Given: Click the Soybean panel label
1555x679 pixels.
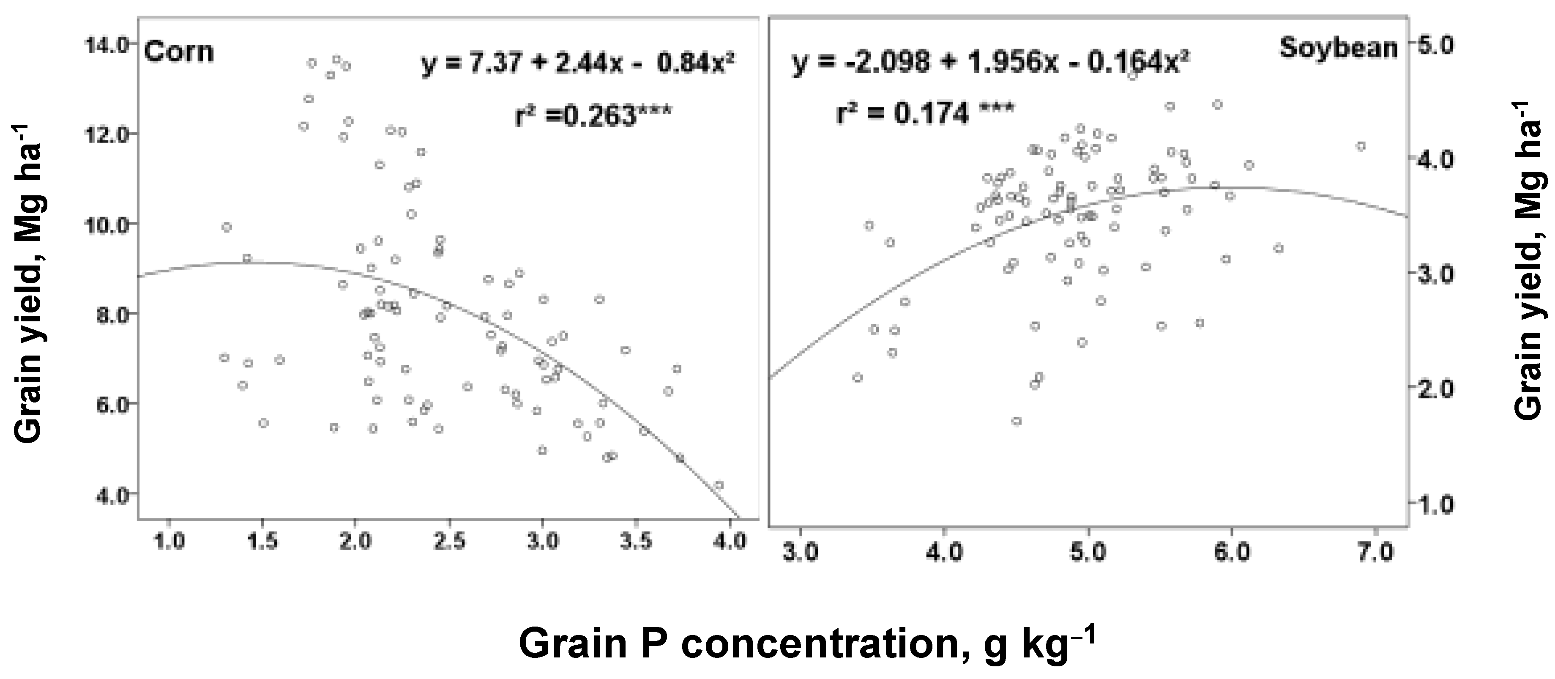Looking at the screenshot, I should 1338,47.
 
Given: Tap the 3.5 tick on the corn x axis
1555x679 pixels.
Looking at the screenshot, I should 636,542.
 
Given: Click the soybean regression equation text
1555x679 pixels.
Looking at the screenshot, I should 982,62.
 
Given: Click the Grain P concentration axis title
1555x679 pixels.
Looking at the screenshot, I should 806,644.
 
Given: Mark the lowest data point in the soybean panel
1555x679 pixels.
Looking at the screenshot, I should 1017,421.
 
